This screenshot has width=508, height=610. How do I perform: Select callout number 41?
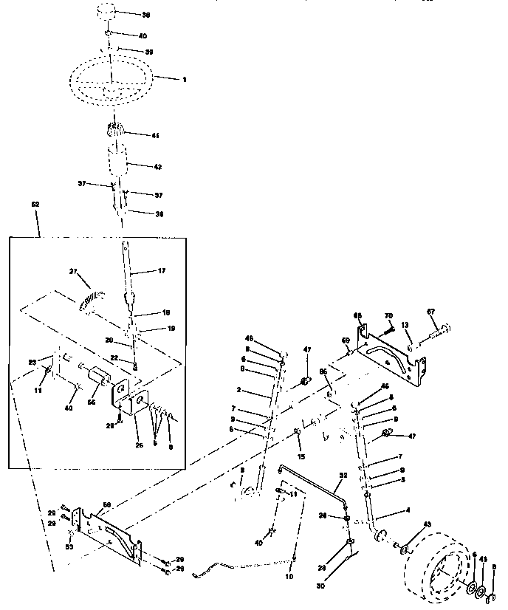[155, 136]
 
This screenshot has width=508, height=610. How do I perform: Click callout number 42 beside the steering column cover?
[157, 167]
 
